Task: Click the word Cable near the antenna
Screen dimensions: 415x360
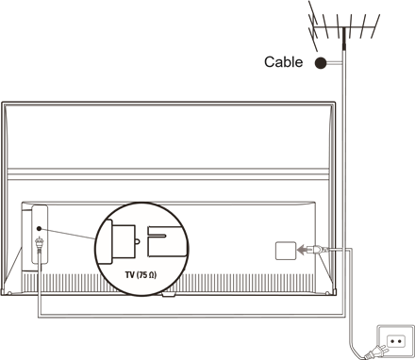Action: (283, 62)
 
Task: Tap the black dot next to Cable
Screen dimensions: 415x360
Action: (321, 63)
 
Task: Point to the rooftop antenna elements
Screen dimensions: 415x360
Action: (344, 26)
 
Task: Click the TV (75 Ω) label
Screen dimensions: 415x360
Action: (141, 275)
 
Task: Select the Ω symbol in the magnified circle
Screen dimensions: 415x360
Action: (151, 275)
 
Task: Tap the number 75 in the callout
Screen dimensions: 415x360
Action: (142, 275)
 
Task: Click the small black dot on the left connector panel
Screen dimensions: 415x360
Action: (39, 229)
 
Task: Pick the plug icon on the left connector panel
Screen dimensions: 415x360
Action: (40, 243)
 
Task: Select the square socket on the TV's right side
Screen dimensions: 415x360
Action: (286, 251)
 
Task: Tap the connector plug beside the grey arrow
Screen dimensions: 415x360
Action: (318, 250)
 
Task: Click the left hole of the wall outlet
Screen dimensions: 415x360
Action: (392, 341)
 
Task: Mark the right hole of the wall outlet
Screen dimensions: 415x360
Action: (399, 341)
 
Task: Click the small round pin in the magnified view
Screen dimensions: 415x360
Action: (138, 241)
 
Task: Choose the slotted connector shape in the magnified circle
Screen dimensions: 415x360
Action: (164, 241)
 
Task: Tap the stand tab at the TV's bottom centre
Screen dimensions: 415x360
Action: (169, 295)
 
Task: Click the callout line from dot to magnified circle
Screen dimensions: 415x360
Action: (68, 234)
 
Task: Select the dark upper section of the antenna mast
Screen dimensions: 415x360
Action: (344, 39)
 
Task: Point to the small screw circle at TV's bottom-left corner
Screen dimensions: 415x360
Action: (9, 293)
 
